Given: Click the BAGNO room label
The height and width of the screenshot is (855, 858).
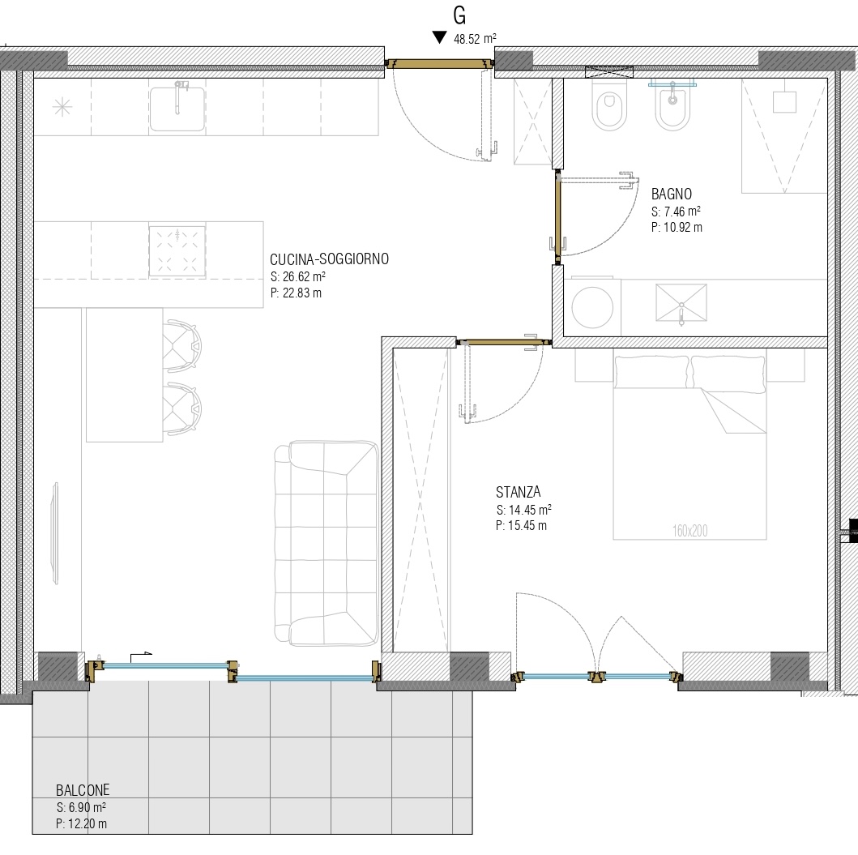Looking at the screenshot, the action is click(x=672, y=194).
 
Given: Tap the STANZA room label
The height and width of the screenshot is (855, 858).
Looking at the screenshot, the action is click(x=519, y=492).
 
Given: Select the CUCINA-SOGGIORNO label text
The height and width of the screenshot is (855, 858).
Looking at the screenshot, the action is click(x=330, y=259).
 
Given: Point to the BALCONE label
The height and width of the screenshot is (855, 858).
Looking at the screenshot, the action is click(x=83, y=790).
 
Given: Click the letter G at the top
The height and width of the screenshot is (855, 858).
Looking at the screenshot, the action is click(x=459, y=15).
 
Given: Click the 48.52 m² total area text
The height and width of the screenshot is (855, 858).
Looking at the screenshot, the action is click(x=475, y=39).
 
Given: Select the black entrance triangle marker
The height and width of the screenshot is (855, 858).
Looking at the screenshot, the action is click(x=439, y=37).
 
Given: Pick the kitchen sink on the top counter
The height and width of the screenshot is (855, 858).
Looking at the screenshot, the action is click(x=177, y=109).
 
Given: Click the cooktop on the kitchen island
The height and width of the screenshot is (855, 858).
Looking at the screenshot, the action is click(x=177, y=250).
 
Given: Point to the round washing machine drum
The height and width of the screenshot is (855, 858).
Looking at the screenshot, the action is click(x=592, y=307).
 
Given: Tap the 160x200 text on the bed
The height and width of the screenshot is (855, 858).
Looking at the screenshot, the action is click(x=690, y=530).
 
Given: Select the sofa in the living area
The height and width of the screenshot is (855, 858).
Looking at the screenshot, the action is click(x=327, y=543).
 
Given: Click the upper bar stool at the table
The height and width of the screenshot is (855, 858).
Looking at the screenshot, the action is click(x=181, y=346).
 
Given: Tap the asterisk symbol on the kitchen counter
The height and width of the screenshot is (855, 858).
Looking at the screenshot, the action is click(x=62, y=107).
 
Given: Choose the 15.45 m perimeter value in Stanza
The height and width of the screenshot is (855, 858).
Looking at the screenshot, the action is click(x=527, y=525).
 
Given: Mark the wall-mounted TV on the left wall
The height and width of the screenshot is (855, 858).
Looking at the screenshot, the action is click(x=55, y=534).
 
